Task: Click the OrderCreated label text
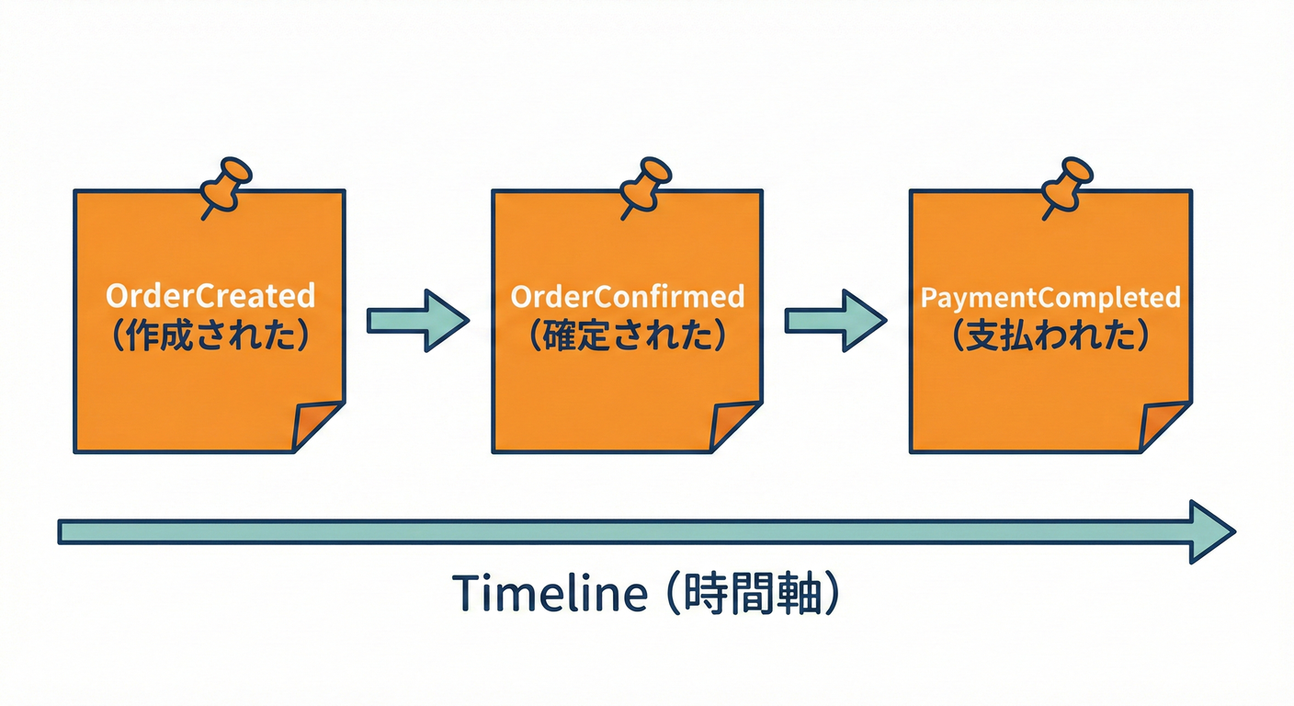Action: [210, 296]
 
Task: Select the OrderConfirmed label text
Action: [627, 296]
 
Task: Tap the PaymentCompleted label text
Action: [1050, 298]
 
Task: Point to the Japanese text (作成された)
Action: [210, 335]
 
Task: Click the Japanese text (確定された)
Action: [627, 335]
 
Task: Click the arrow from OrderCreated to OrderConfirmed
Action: [418, 320]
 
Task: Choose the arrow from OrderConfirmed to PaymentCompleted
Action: [834, 320]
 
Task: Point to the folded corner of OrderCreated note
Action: [315, 424]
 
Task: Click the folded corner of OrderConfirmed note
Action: [733, 424]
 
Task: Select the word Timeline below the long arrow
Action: [550, 594]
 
